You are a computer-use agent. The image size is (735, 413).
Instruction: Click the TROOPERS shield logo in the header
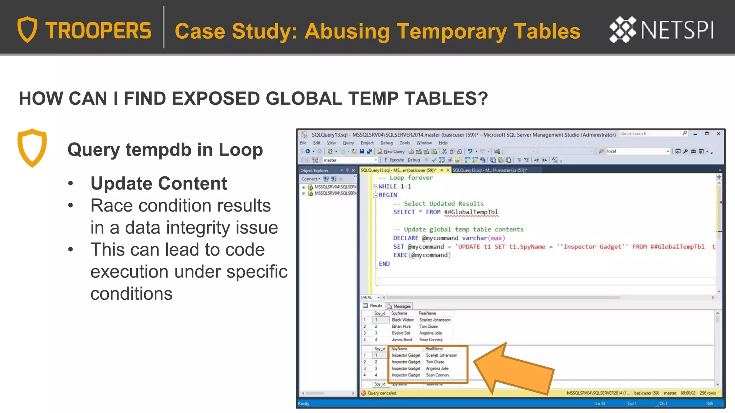[27, 29]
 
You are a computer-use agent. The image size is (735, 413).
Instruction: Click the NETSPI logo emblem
[623, 29]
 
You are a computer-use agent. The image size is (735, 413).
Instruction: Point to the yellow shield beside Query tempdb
[32, 148]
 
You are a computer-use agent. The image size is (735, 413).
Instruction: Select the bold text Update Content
[159, 184]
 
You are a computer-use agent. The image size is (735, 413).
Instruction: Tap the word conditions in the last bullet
[131, 294]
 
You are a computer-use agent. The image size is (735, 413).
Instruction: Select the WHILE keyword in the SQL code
[388, 186]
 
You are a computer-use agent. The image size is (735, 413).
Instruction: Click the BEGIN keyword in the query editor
[388, 195]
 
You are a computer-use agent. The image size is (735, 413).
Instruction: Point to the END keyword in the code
[384, 264]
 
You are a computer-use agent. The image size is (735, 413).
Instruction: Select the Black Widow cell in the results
[403, 320]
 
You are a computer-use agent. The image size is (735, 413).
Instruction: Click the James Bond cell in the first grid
[402, 340]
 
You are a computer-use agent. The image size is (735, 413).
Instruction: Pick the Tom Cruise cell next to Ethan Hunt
[429, 327]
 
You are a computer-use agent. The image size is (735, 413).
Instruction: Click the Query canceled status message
[382, 393]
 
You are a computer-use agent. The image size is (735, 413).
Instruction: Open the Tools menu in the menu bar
[404, 143]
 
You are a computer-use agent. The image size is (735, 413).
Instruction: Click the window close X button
[718, 134]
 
